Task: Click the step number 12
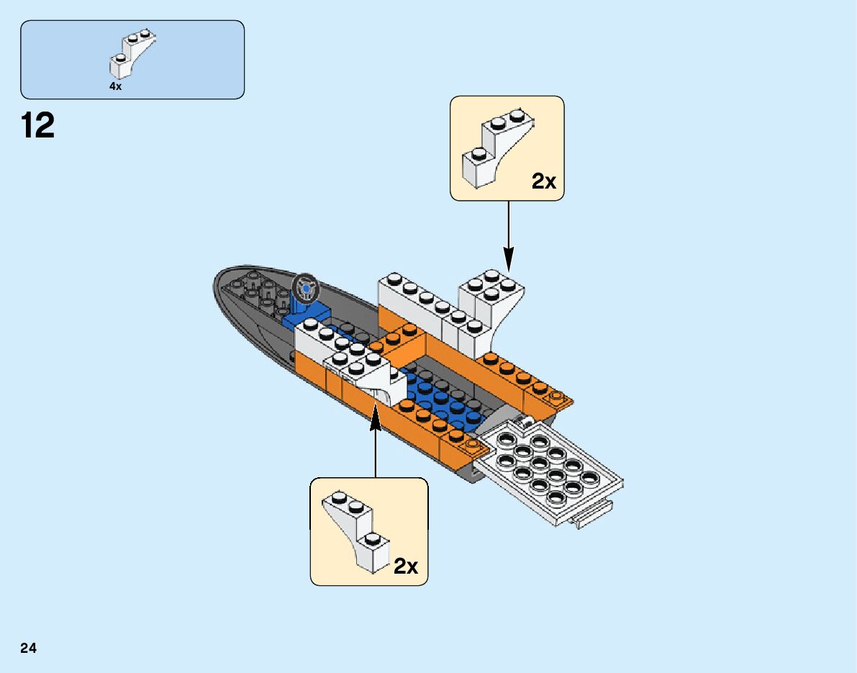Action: (38, 126)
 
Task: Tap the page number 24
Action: (29, 649)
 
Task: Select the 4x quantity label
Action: (115, 86)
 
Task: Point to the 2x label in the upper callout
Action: (544, 181)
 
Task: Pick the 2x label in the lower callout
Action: (406, 566)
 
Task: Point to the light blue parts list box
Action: (132, 59)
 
